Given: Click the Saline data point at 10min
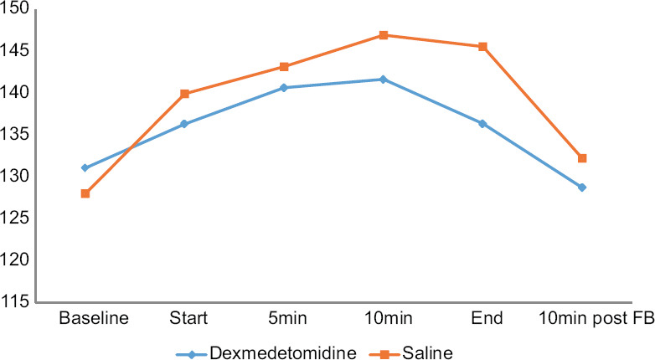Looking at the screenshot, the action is pos(384,35).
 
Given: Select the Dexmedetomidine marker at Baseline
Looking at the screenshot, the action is pos(85,168).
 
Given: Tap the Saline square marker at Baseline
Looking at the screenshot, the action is pos(85,193).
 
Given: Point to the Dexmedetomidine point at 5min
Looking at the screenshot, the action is pos(284,88).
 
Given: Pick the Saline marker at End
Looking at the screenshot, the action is pos(482,46).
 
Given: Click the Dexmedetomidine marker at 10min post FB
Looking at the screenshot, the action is pos(582,188).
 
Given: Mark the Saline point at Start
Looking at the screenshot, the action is pos(184,94).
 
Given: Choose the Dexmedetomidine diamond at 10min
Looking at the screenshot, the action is pos(384,80).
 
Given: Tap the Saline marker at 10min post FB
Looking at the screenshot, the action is pos(582,158).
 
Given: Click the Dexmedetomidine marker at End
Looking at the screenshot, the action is pos(482,124).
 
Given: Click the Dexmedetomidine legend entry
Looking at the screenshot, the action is pos(266,353).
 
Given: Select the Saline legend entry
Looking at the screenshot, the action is pos(411,353).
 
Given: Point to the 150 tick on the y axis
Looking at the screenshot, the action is pos(14,8).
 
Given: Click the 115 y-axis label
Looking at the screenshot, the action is pos(14,301).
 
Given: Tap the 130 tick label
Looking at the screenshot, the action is pos(14,177).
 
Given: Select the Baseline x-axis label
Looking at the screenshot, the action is pos(94,318).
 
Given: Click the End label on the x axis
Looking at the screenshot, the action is pos(487,318).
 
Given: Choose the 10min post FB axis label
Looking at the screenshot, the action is pos(597,319).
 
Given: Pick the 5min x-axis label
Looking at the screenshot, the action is pos(288,318).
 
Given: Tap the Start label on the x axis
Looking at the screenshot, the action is pos(188,318).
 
